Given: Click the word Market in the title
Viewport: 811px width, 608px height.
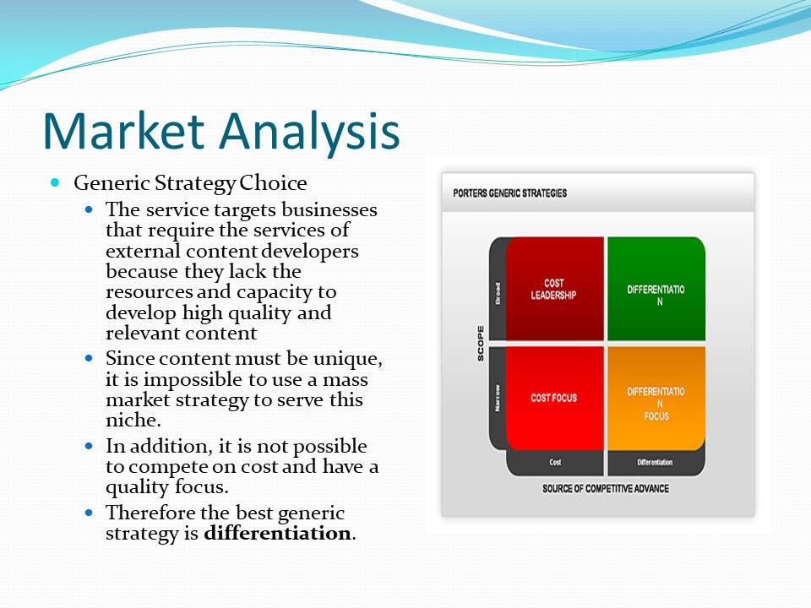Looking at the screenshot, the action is click(124, 130).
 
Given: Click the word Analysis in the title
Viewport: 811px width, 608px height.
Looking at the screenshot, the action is click(310, 133).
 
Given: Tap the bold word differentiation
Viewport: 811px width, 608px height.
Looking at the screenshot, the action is click(277, 533).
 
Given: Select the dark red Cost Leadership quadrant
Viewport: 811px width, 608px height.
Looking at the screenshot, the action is click(554, 289).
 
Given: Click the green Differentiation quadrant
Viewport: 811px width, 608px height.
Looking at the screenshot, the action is click(656, 289).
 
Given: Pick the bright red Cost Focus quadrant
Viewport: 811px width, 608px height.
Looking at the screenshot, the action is click(554, 398).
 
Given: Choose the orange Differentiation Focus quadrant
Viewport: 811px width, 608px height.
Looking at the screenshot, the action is click(656, 398).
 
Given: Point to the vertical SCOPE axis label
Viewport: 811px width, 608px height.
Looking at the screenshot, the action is click(481, 344).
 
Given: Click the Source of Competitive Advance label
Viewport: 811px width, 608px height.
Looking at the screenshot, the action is click(606, 489).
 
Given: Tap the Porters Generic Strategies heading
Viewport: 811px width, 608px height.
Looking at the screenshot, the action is click(510, 193).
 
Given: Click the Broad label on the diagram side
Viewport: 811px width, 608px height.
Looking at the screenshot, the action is click(498, 293).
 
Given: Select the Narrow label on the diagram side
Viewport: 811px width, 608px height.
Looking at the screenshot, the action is click(498, 398).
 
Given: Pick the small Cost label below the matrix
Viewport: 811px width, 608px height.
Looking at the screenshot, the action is click(555, 462).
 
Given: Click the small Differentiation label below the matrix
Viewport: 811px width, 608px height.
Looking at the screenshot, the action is click(655, 462).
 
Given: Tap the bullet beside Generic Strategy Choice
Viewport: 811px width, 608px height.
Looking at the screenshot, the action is click(56, 182).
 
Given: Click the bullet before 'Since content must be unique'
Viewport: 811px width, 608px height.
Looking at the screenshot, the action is click(90, 358).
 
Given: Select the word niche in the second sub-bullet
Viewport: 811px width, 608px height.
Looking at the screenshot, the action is click(132, 420).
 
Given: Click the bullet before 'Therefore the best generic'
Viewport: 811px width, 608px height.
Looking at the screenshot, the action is click(90, 513).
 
